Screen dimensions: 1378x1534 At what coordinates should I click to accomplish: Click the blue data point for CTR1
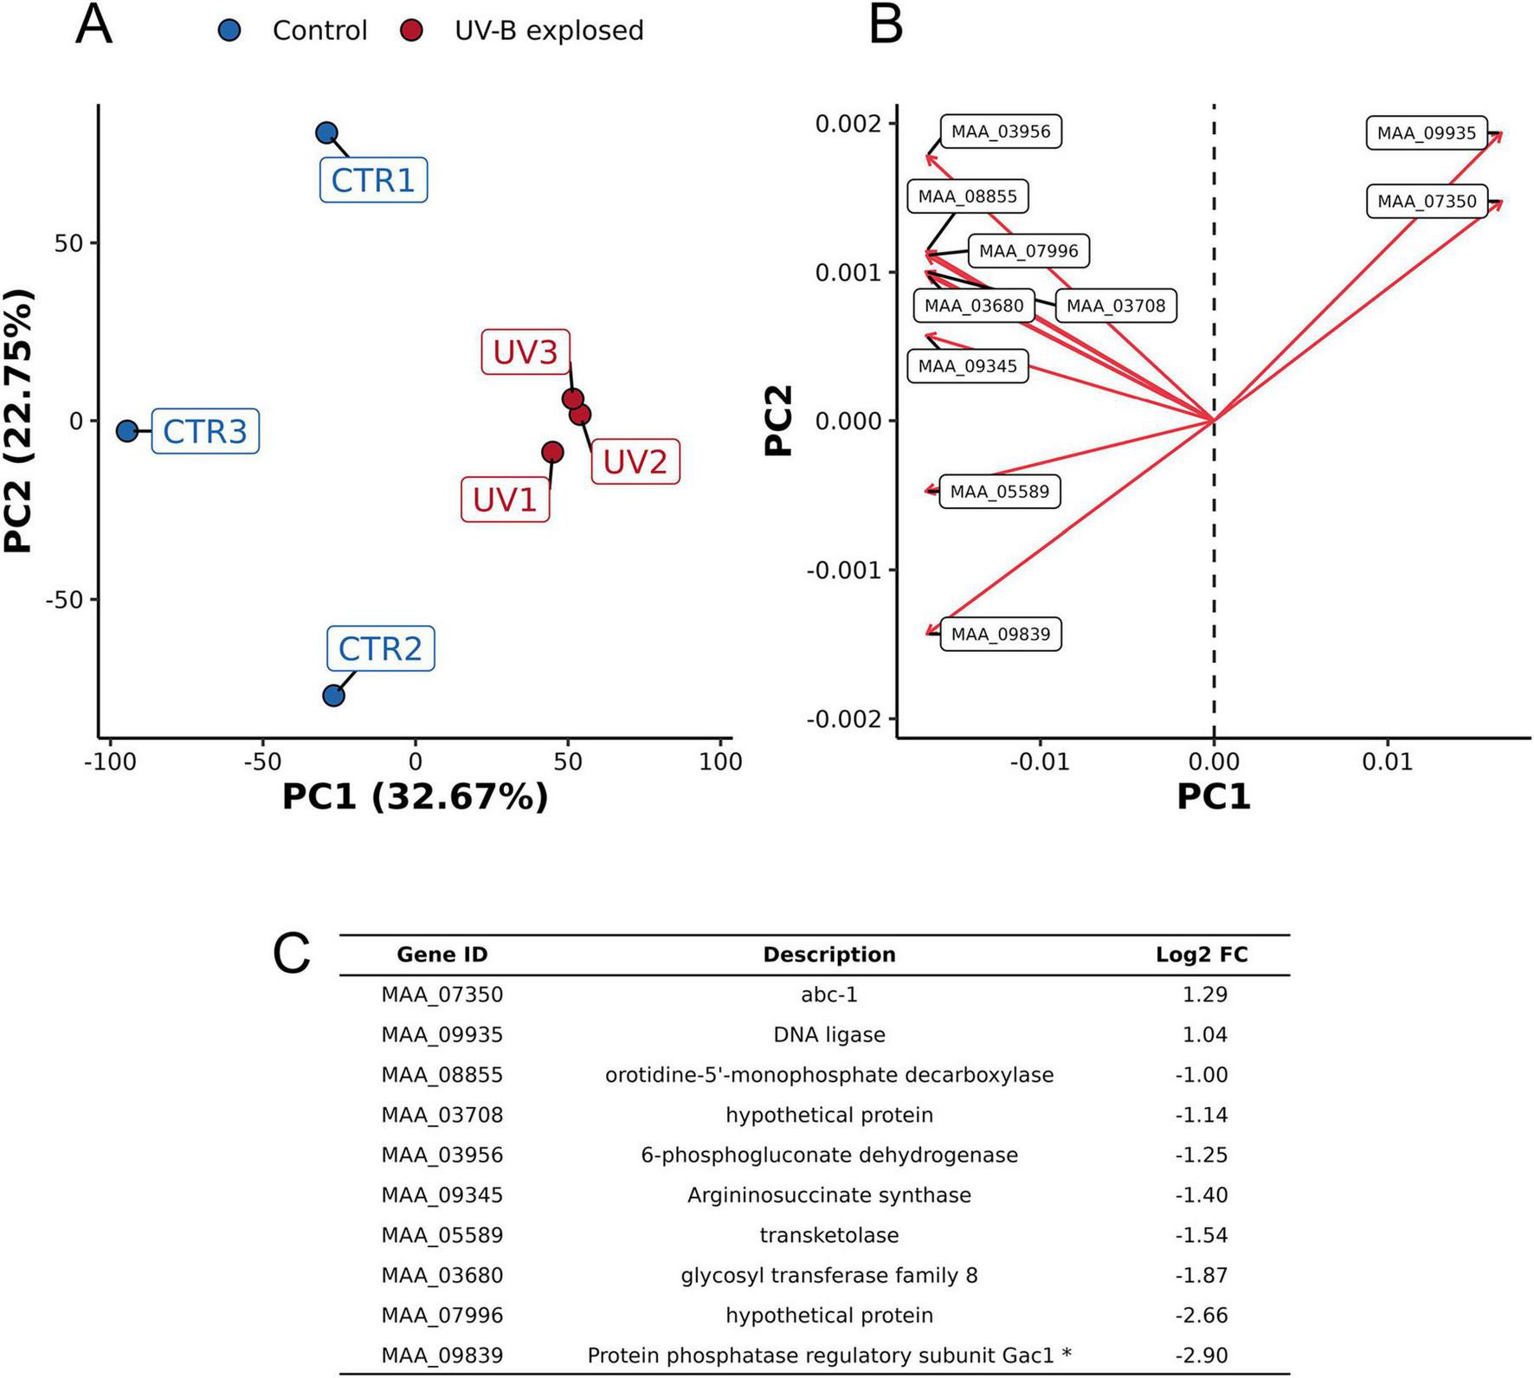[x=326, y=133]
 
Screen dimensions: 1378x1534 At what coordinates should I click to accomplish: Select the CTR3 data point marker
[x=127, y=431]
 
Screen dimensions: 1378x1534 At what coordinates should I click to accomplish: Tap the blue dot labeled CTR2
[x=333, y=695]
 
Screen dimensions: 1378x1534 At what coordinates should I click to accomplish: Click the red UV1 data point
[x=552, y=452]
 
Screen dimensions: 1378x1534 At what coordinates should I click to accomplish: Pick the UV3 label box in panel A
[x=525, y=352]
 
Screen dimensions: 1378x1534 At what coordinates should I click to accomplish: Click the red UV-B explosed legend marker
[x=412, y=31]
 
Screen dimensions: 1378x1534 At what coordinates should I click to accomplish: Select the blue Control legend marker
[x=229, y=31]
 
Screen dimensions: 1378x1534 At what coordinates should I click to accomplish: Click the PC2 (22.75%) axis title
[x=19, y=421]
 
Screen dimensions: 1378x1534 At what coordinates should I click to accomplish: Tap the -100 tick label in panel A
[x=110, y=762]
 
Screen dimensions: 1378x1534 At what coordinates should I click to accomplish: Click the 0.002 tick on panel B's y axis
[x=848, y=124]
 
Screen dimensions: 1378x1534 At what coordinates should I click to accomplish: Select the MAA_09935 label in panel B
[x=1426, y=133]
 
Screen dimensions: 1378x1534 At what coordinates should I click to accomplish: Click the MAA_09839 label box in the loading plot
[x=1000, y=634]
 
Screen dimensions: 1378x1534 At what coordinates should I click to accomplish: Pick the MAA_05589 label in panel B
[x=999, y=492]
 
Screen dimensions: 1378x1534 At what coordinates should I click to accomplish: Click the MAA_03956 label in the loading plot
[x=1000, y=132]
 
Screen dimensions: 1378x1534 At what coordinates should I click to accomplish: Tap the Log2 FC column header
[x=1202, y=955]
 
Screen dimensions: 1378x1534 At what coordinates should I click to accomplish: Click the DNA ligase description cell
[x=828, y=1035]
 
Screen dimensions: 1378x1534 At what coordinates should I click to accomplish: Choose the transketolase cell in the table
[x=828, y=1235]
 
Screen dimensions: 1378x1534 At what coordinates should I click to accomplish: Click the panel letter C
[x=291, y=955]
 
